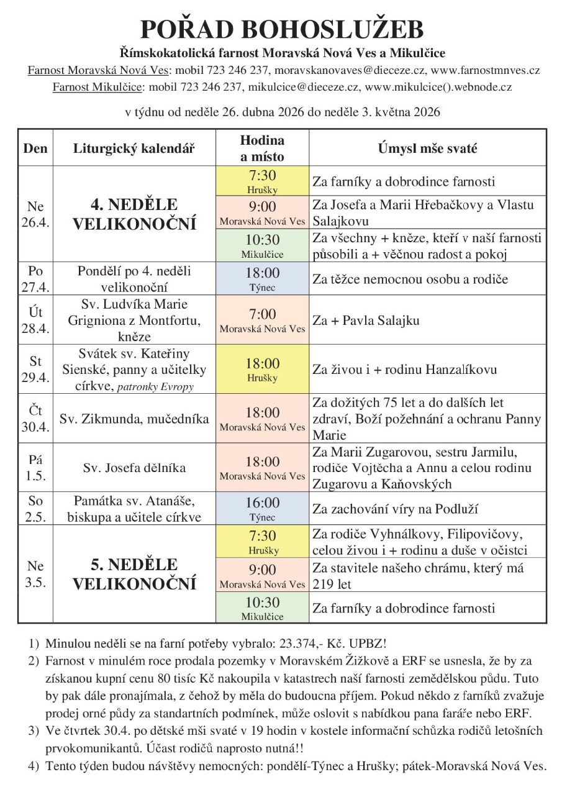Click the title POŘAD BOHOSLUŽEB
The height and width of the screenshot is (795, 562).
[281, 30]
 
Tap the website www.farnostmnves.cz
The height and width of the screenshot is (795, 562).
[485, 70]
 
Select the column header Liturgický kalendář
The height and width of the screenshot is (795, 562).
[134, 148]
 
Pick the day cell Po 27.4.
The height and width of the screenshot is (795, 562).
[35, 279]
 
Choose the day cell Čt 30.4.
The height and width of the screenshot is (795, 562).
[35, 419]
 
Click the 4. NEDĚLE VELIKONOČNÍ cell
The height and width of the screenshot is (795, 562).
[134, 214]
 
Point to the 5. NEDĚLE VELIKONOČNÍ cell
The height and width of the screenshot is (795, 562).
[134, 574]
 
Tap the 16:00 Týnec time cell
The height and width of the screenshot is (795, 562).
[262, 509]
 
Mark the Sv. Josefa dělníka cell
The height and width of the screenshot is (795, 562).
[134, 468]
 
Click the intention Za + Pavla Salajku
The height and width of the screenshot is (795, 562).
[366, 320]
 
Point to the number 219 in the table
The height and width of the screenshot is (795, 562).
[322, 584]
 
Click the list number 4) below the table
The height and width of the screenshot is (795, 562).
[34, 766]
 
